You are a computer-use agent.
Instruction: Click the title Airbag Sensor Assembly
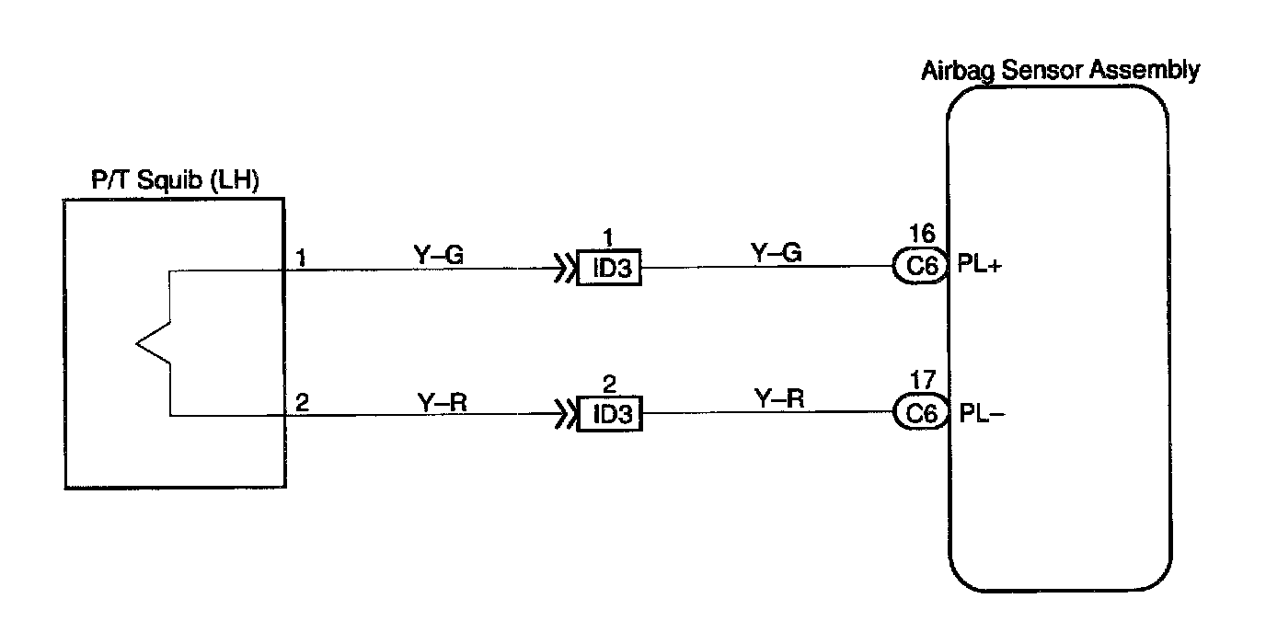pos(1060,71)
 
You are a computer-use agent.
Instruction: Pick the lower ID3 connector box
pos(608,414)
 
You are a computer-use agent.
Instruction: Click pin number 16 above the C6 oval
pos(922,233)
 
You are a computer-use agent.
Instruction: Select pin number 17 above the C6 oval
pos(922,378)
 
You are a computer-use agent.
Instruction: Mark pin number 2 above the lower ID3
pos(607,382)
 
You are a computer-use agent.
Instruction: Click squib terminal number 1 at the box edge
pos(301,256)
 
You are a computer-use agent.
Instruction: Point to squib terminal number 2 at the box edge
pos(301,402)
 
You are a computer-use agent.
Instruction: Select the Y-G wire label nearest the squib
pos(438,256)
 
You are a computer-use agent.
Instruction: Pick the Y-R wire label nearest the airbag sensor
pos(778,398)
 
